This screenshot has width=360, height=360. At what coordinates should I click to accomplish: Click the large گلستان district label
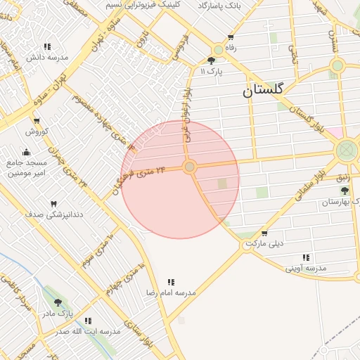(x=263, y=90)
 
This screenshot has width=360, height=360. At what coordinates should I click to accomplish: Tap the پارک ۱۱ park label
(x=211, y=72)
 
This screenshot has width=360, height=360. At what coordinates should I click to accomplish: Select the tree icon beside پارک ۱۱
(x=212, y=61)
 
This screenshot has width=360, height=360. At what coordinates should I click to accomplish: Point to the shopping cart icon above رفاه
(x=230, y=38)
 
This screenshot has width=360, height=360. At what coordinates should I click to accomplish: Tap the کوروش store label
(x=37, y=131)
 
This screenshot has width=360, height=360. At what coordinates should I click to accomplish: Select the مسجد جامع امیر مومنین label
(x=27, y=167)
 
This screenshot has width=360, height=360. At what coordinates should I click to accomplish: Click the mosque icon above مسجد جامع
(x=27, y=152)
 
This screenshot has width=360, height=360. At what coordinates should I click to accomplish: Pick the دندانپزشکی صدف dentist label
(x=54, y=213)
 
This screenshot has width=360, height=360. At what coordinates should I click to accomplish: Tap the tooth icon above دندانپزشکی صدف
(x=53, y=203)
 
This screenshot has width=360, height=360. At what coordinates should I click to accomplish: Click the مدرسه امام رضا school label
(x=171, y=292)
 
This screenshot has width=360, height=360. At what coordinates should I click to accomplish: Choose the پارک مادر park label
(x=58, y=312)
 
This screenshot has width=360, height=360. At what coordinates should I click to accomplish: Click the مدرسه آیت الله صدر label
(x=88, y=331)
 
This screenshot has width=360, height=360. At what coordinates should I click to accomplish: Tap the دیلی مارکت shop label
(x=264, y=244)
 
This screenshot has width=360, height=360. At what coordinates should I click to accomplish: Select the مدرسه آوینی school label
(x=306, y=268)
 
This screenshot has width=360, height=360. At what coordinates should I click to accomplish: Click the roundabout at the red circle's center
(x=189, y=167)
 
